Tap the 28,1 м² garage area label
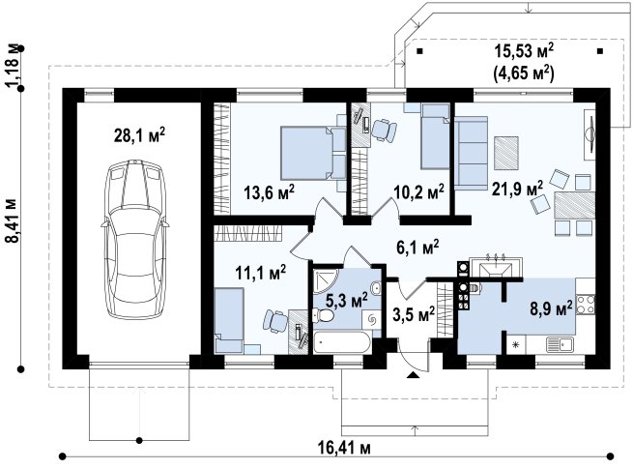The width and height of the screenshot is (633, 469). (x=139, y=135)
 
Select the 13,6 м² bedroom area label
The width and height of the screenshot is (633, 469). (x=269, y=192)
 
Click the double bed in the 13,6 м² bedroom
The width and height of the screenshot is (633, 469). (x=313, y=152)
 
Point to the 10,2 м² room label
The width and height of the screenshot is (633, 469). (x=418, y=191)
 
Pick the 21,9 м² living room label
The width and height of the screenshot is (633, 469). (x=517, y=188)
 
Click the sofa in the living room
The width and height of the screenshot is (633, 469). (x=471, y=153)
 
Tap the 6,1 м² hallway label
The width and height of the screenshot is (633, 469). (x=417, y=248)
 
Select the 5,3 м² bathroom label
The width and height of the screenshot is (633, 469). (x=346, y=300)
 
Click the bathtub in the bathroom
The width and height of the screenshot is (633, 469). (x=343, y=343)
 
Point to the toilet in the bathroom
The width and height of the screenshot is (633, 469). (x=323, y=316)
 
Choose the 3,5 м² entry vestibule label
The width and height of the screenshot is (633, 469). (x=414, y=314)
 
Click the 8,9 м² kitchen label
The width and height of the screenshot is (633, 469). (x=551, y=309)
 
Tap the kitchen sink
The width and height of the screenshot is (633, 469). (x=560, y=344)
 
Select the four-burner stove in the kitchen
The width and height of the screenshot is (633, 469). (x=586, y=305)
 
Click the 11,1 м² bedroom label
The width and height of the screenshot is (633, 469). (x=261, y=273)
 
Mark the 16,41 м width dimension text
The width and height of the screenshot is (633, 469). (x=344, y=448)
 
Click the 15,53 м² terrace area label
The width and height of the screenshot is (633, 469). (x=524, y=51)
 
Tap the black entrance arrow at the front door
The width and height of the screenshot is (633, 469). (x=413, y=375)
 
